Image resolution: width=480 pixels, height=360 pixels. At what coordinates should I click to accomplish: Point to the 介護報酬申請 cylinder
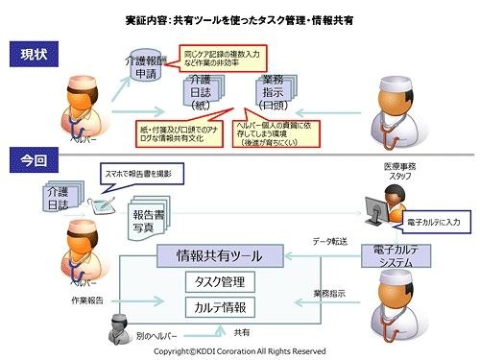[148, 69]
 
